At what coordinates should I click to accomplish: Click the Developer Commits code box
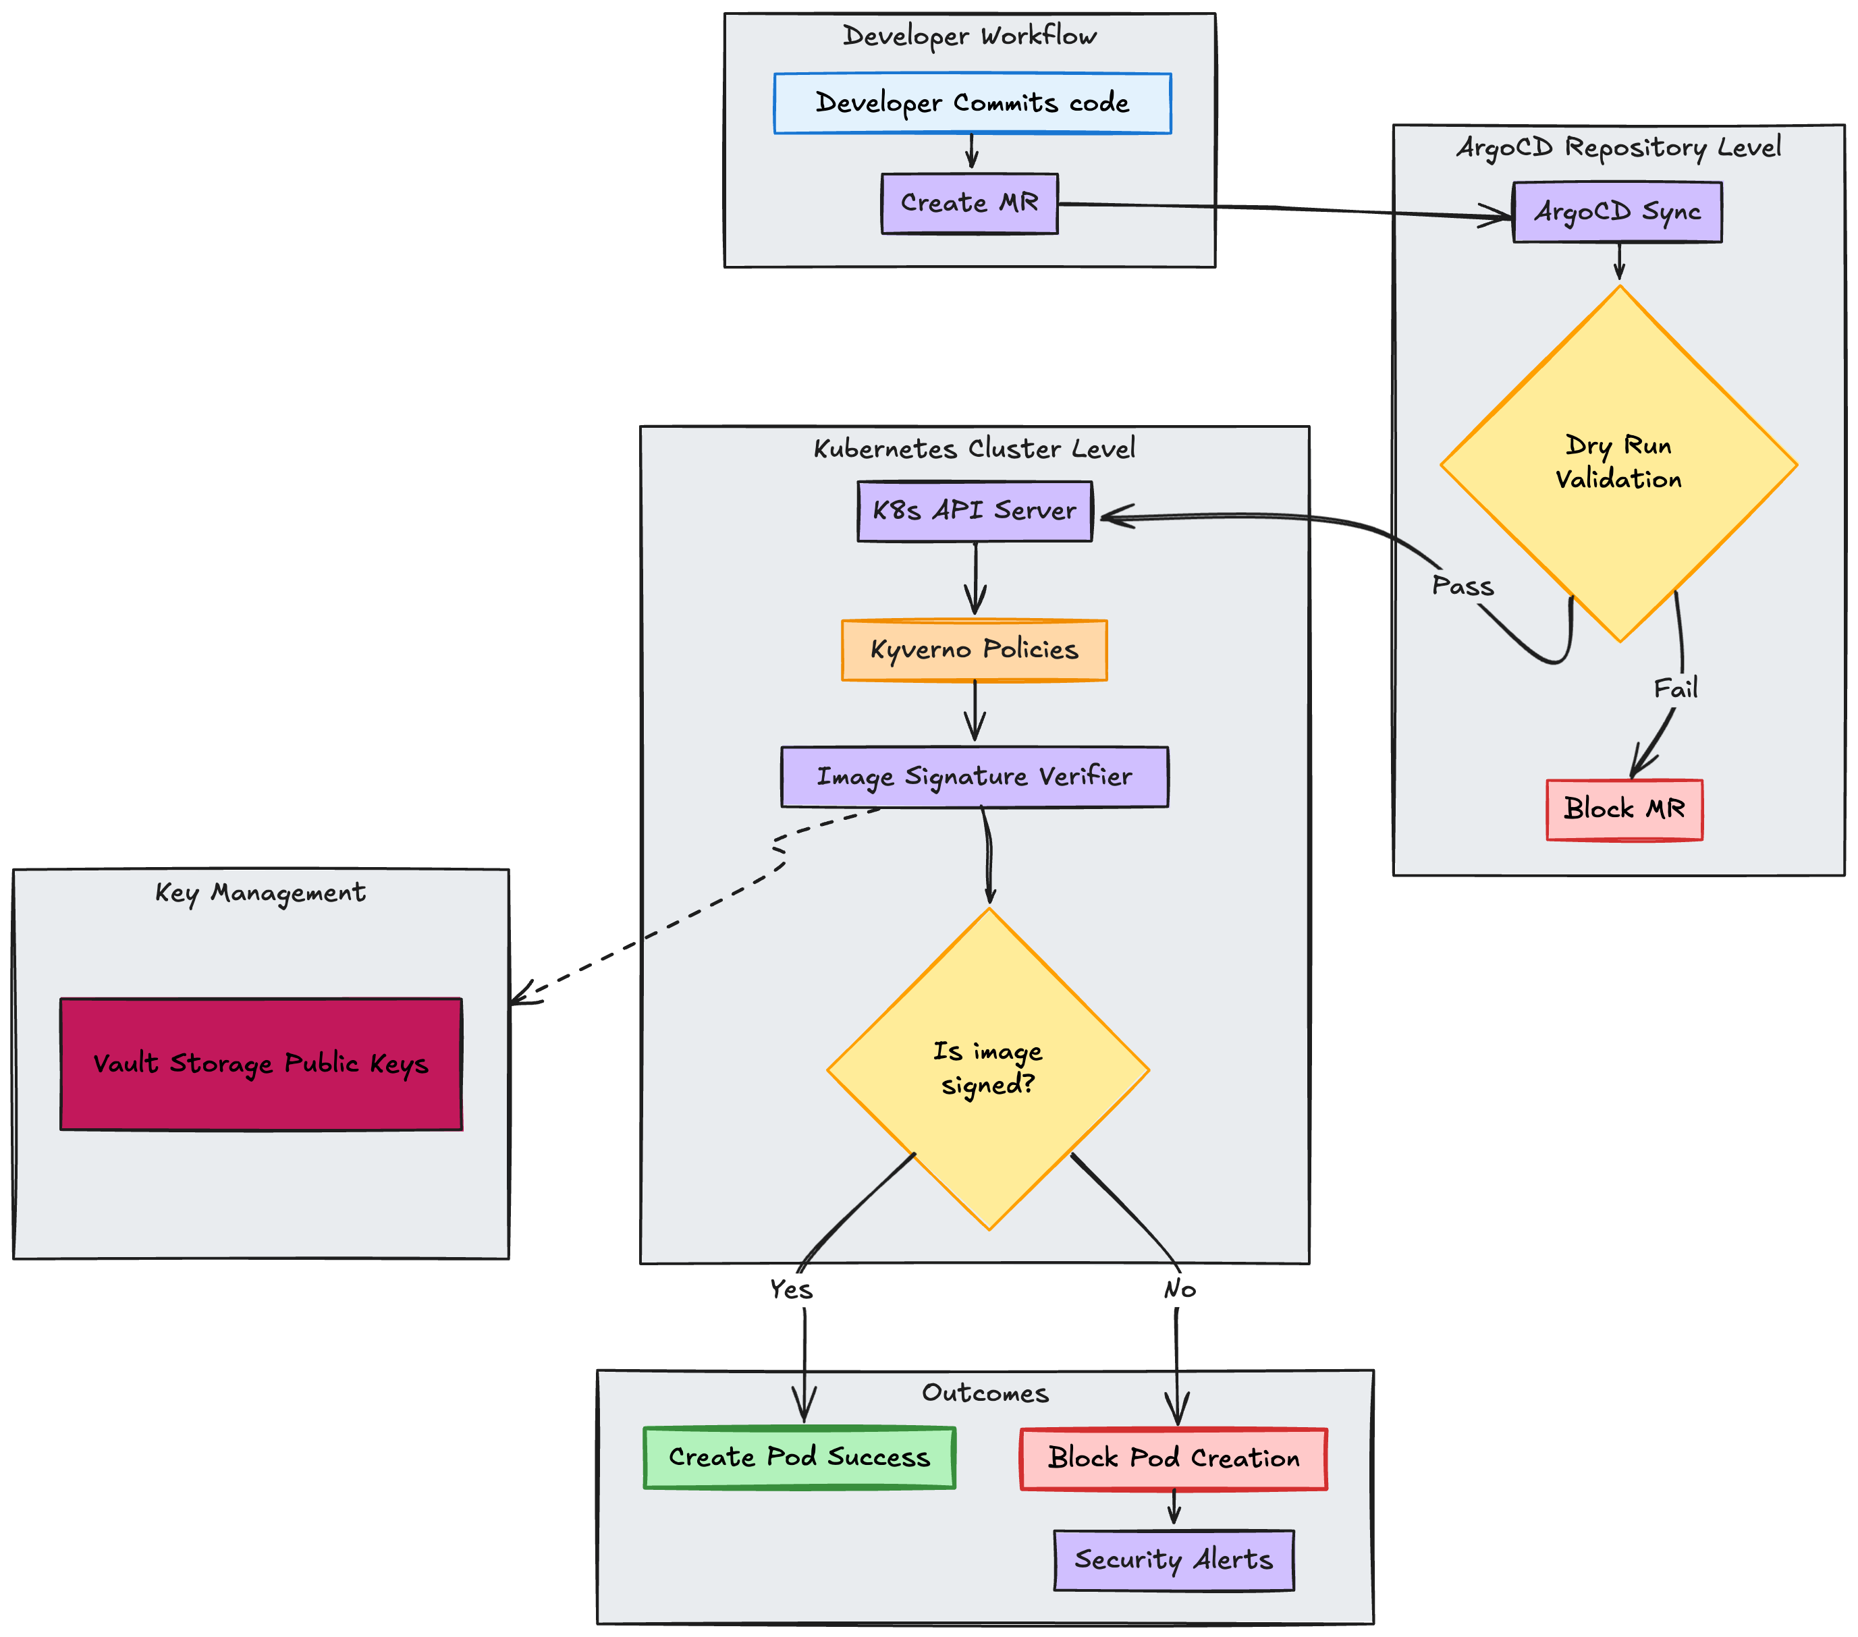(x=972, y=103)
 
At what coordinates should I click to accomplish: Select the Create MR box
(x=969, y=202)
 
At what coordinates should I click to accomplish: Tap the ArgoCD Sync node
(x=1616, y=212)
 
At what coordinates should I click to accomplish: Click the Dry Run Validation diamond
(x=1618, y=463)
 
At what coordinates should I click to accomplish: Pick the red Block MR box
(x=1624, y=808)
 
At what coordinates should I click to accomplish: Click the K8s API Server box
(x=975, y=511)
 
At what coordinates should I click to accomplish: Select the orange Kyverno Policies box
(x=973, y=650)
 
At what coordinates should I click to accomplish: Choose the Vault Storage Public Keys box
(x=261, y=1063)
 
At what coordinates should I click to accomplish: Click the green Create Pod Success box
(x=799, y=1457)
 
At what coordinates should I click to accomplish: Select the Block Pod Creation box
(x=1172, y=1458)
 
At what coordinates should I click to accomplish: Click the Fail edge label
(x=1674, y=689)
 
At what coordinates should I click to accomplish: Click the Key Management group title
(x=260, y=893)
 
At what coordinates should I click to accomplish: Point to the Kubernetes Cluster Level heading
(x=973, y=449)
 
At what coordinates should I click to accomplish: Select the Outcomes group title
(x=985, y=1393)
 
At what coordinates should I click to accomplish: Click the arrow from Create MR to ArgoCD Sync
(x=1273, y=209)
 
